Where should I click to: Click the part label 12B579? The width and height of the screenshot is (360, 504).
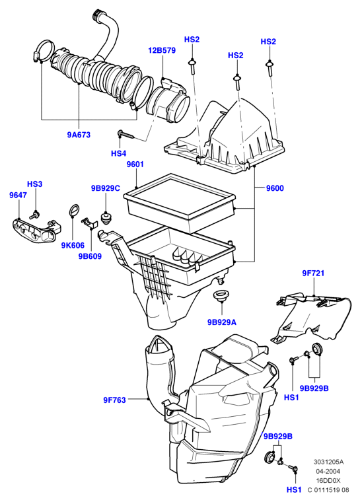tap(162, 50)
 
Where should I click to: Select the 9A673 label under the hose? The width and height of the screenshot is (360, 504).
tap(79, 135)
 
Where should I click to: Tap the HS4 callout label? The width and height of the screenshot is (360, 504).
tap(119, 153)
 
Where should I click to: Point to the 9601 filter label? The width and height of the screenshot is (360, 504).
tap(135, 164)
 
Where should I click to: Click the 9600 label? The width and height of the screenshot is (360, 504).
tap(275, 188)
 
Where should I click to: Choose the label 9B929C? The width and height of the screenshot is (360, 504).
tap(106, 188)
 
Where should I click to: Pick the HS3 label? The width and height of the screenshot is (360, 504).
tap(35, 184)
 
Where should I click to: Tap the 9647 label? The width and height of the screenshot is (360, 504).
tap(18, 195)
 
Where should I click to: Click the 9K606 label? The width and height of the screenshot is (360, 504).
tap(73, 246)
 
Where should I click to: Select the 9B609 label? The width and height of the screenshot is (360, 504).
tap(90, 256)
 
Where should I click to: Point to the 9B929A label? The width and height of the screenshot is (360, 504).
tap(222, 322)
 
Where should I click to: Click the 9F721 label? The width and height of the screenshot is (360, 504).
tap(313, 273)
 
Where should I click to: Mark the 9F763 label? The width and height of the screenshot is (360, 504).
tap(114, 400)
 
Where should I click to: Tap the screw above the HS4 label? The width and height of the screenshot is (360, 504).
tap(126, 135)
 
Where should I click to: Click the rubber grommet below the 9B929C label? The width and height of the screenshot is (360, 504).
tap(105, 217)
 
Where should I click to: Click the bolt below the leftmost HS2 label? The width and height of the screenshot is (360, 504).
tap(192, 65)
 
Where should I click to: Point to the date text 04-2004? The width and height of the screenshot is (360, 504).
tap(328, 472)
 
